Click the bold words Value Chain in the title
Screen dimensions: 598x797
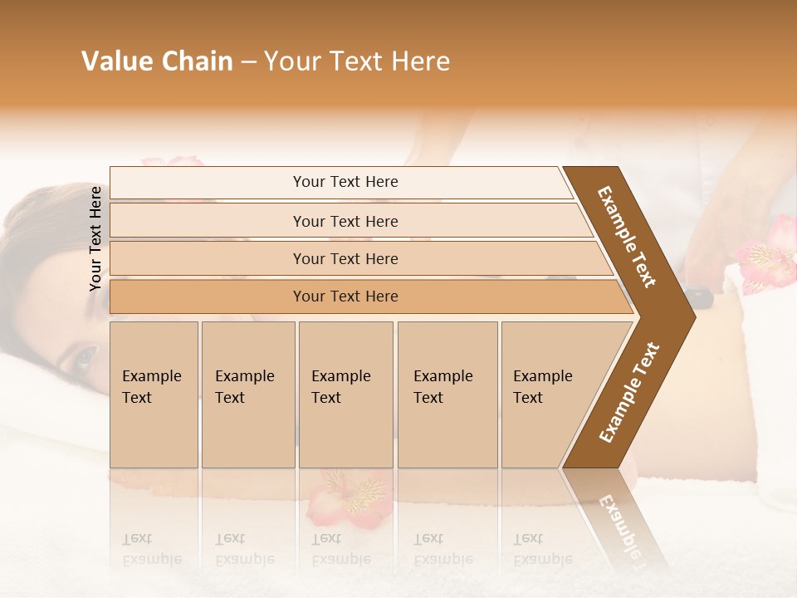pos(157,61)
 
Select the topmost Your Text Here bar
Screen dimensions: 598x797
pos(345,182)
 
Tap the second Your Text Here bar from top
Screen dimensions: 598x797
pos(345,221)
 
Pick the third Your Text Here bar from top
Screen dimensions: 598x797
pos(345,258)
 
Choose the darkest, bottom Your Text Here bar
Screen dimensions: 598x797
pos(345,297)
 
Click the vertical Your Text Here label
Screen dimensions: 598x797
pos(95,238)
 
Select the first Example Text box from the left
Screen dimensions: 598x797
pos(154,395)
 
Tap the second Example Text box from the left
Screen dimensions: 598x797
pos(247,395)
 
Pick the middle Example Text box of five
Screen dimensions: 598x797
pos(345,395)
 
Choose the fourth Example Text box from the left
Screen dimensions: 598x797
pos(447,395)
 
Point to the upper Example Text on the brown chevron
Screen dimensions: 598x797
pos(627,237)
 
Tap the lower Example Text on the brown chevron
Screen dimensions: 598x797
pos(629,392)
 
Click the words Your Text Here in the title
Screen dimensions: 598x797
pos(357,61)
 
